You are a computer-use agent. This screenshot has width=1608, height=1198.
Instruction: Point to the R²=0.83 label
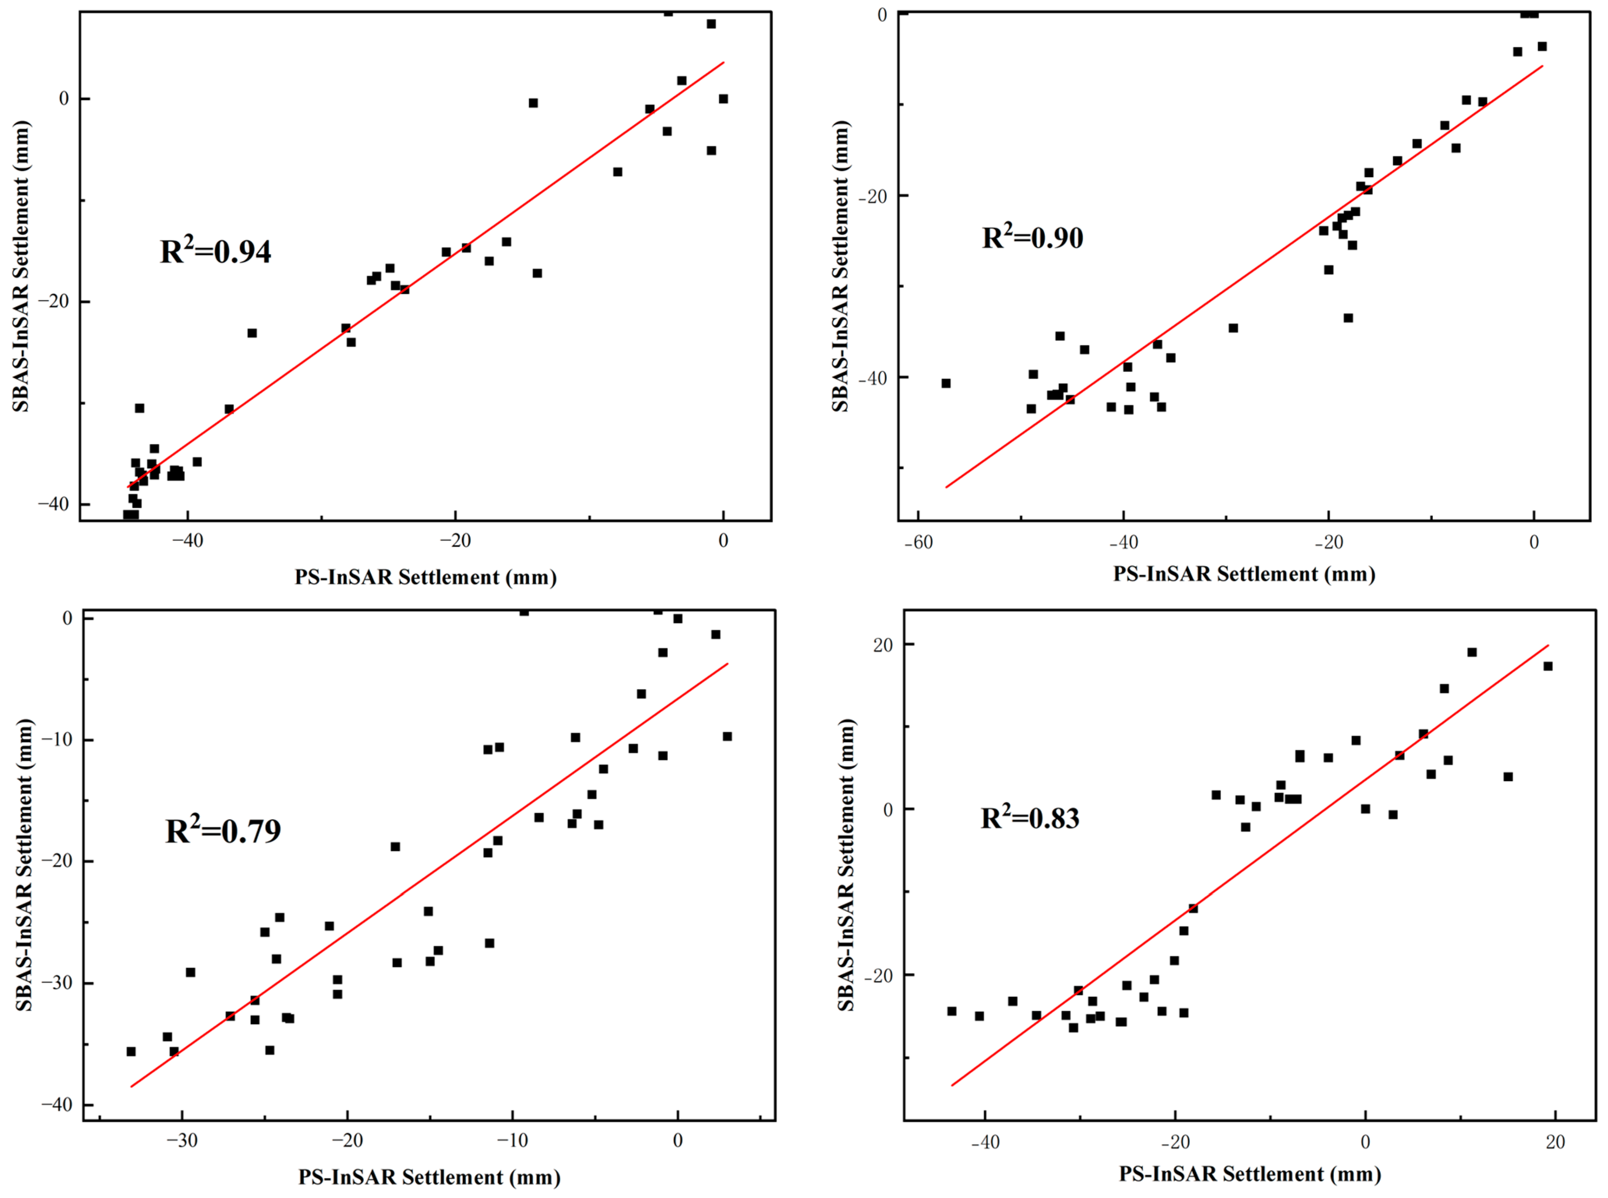1030,817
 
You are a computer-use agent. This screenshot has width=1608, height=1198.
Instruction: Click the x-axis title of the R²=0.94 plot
426,577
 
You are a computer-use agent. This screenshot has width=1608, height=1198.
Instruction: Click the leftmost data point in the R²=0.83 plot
952,1011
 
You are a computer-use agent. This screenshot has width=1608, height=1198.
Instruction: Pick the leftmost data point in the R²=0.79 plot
131,1051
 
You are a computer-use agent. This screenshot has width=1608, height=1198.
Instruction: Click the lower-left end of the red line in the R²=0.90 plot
946,487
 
